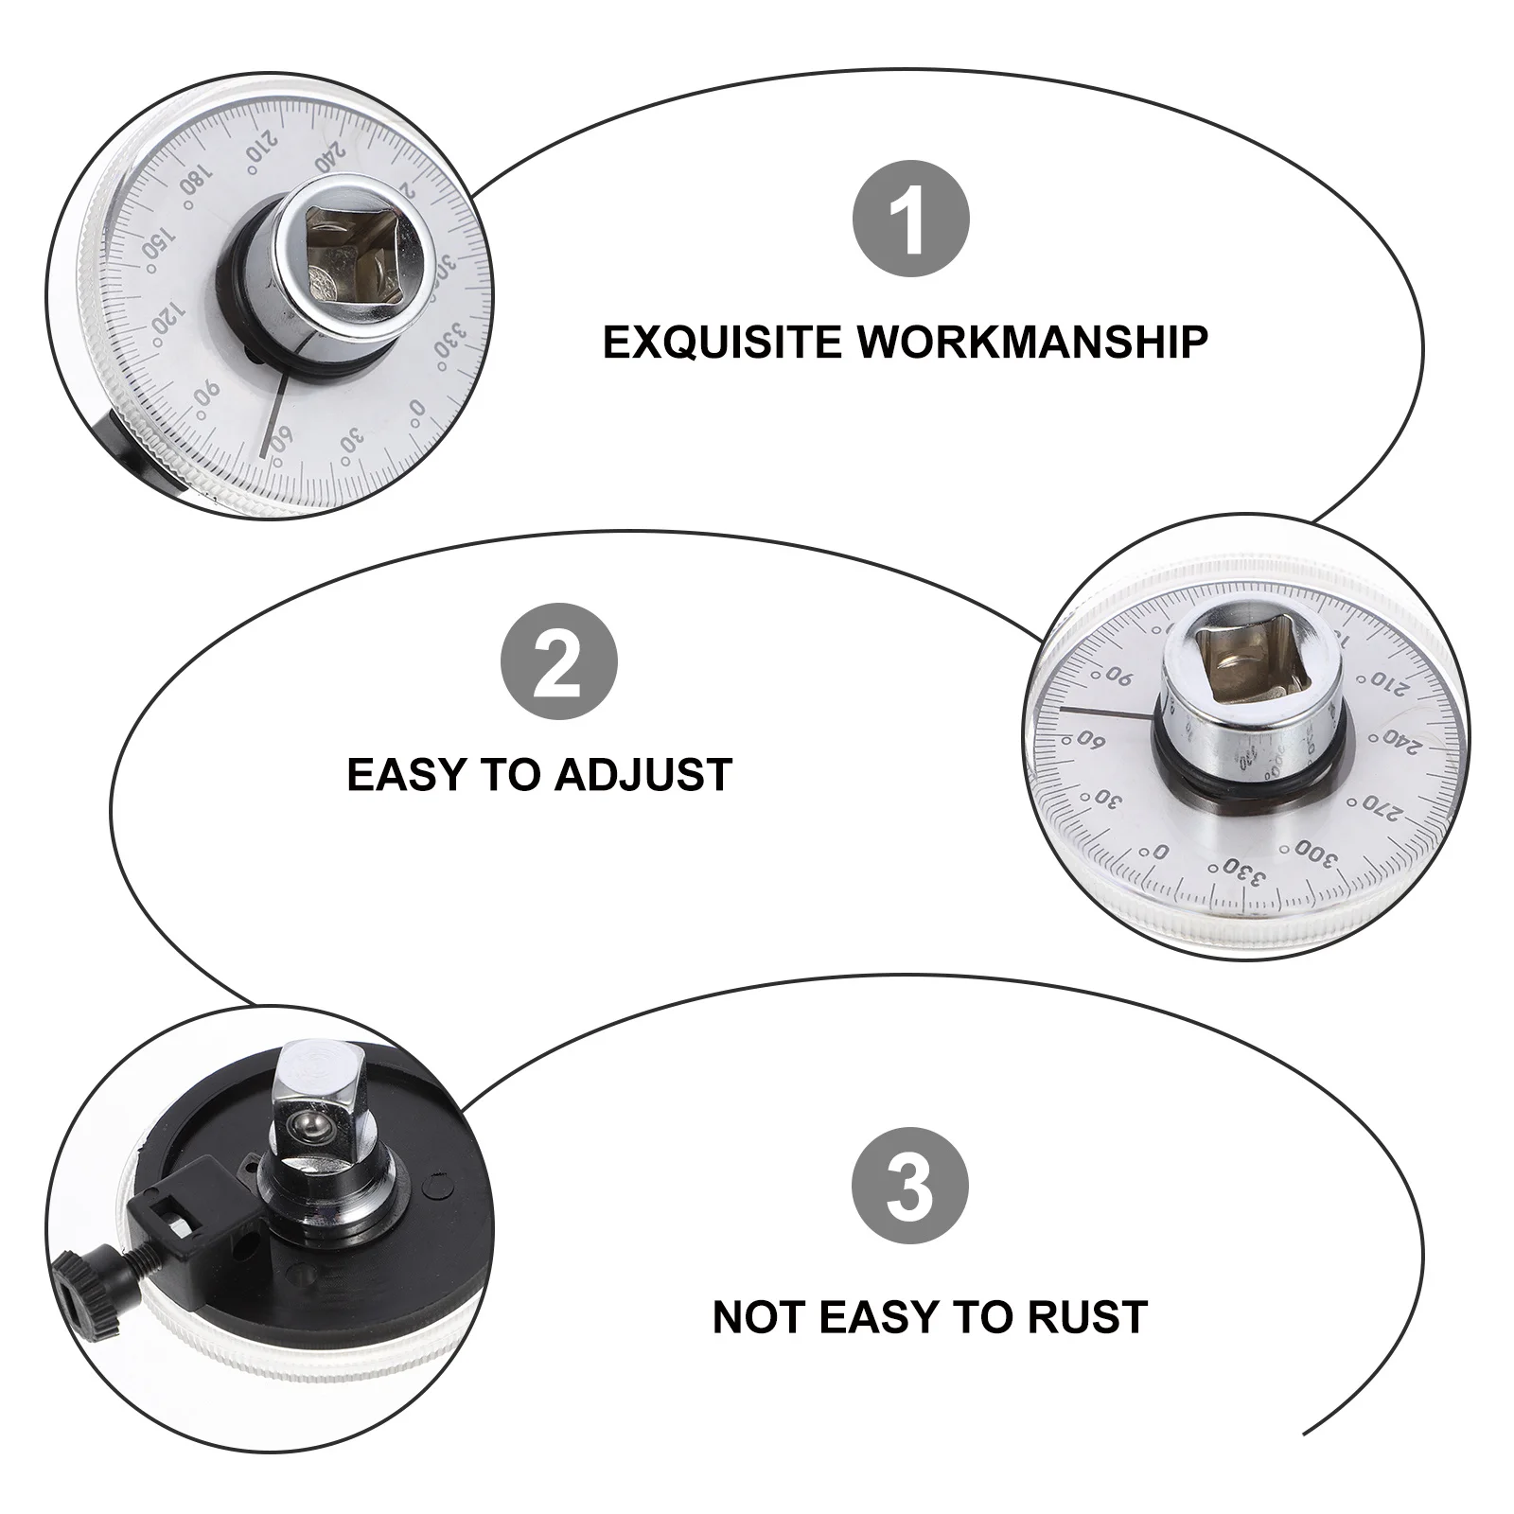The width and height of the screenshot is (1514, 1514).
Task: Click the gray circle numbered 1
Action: [911, 219]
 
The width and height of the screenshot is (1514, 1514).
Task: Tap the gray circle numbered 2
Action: [558, 661]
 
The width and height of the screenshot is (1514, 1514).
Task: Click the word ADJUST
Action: [643, 774]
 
